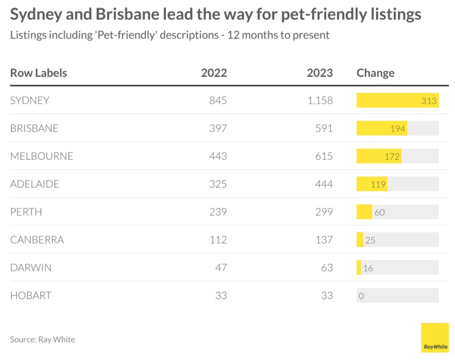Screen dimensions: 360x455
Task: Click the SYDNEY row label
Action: [30, 100]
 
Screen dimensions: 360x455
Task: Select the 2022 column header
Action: [214, 73]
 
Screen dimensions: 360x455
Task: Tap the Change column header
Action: [375, 73]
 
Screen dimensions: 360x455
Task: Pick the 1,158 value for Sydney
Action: [320, 100]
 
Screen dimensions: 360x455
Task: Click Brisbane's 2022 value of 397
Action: [218, 128]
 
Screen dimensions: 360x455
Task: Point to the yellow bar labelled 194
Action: [382, 128]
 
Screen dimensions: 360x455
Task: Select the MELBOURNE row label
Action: [41, 156]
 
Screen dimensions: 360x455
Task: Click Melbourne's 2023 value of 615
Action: [324, 156]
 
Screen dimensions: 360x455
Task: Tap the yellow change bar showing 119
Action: [372, 184]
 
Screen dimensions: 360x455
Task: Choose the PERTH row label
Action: [26, 212]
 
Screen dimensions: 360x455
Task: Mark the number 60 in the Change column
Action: [379, 212]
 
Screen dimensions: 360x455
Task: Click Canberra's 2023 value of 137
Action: [324, 240]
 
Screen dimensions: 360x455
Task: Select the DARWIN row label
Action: [31, 268]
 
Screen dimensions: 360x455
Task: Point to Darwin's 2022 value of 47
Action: [221, 268]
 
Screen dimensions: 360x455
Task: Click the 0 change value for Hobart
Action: [361, 296]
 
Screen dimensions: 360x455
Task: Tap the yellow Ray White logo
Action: [435, 338]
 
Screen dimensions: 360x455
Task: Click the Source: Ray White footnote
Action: [42, 340]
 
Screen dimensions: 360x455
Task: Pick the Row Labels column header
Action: [39, 73]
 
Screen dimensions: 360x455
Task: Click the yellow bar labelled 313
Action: [397, 100]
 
